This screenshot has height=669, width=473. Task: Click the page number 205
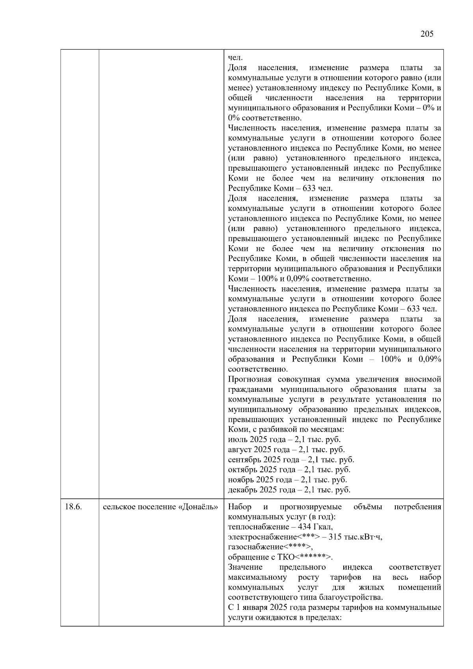pyautogui.click(x=426, y=34)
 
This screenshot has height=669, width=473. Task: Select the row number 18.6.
pyautogui.click(x=73, y=507)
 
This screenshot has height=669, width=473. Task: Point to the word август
pyautogui.click(x=240, y=450)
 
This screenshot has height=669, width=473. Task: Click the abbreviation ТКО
pyautogui.click(x=286, y=557)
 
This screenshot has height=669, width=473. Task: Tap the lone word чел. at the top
pyautogui.click(x=235, y=58)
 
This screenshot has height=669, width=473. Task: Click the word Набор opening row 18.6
pyautogui.click(x=240, y=507)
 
